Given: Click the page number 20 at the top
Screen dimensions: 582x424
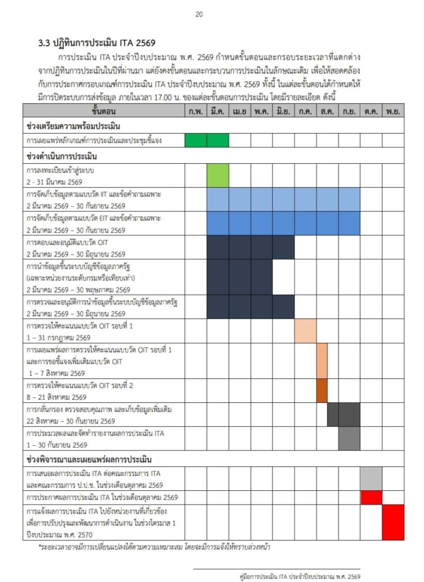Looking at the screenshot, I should [x=199, y=14].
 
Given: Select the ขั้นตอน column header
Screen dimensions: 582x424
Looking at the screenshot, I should [x=103, y=111].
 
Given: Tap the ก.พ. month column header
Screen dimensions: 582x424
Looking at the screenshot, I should [x=196, y=111].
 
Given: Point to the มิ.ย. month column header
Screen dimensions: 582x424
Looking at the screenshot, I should [x=283, y=111].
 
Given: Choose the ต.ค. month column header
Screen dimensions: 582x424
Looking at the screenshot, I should [x=371, y=111].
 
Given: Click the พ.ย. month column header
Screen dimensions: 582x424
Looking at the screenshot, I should [x=393, y=111].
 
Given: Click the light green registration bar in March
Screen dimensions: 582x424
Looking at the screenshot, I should [x=217, y=175].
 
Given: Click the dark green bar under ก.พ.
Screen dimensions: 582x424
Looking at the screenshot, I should [x=196, y=140].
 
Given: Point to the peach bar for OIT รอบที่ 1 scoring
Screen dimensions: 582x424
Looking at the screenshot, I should [x=305, y=331].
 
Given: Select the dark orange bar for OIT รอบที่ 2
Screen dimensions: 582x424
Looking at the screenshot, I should [x=322, y=390].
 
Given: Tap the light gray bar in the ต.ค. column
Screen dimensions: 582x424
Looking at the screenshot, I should [x=371, y=479].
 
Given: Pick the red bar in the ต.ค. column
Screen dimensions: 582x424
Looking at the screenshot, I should [x=371, y=498].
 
